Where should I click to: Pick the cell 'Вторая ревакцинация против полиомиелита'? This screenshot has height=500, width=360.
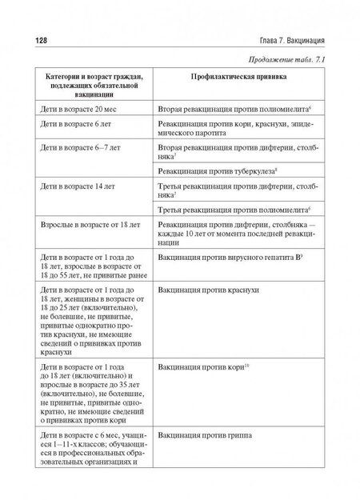click(x=233, y=107)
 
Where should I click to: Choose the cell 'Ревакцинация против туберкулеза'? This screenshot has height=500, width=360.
click(x=225, y=170)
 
